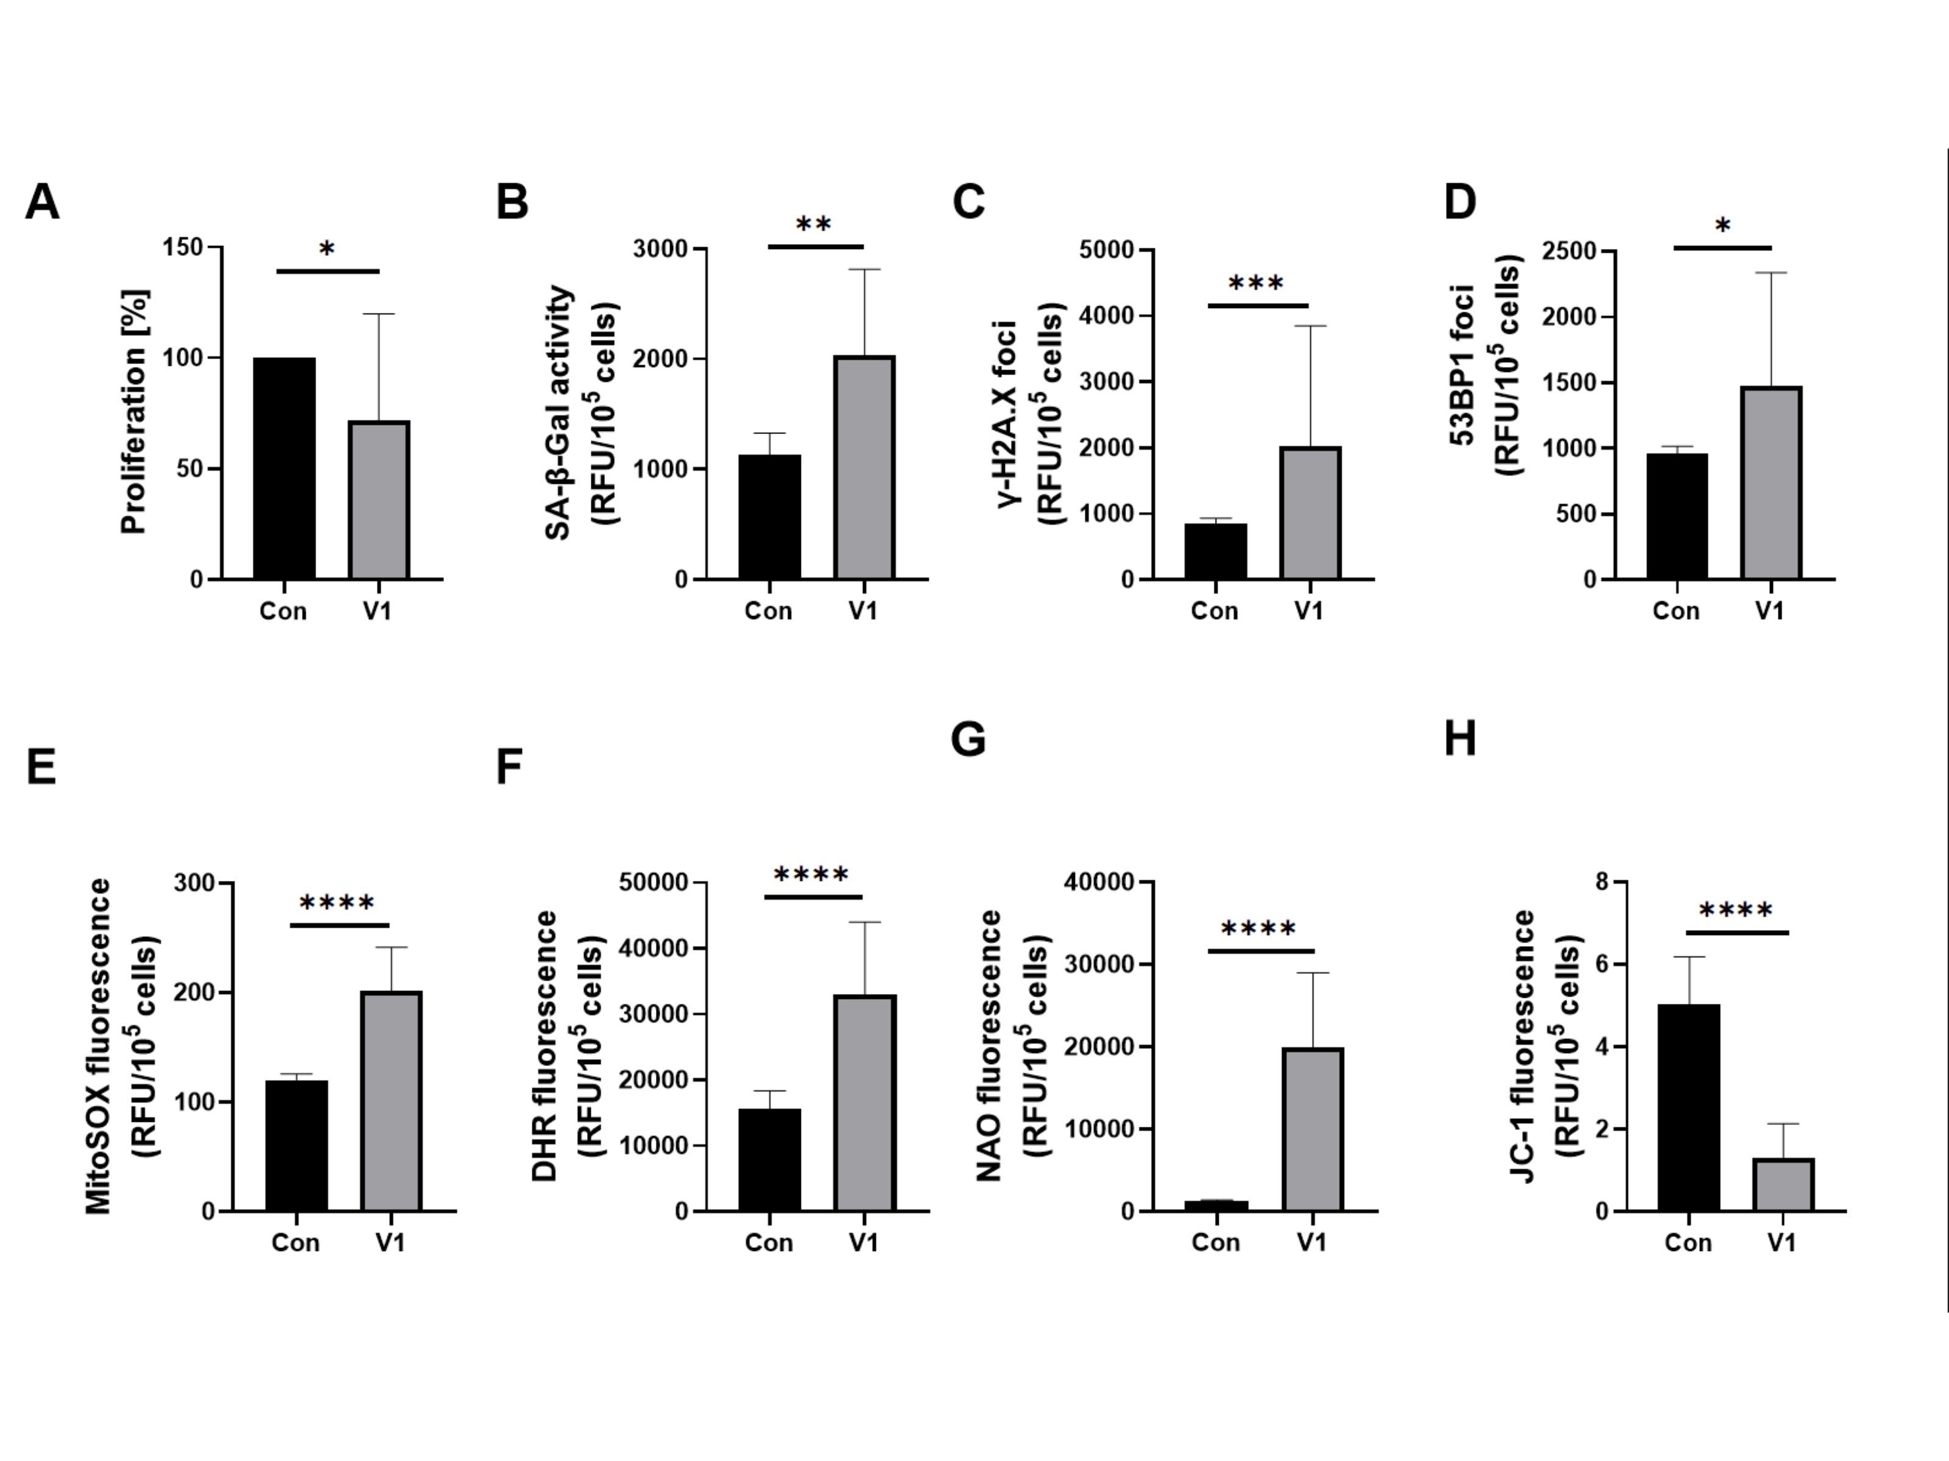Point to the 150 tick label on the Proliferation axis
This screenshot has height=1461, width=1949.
click(x=182, y=248)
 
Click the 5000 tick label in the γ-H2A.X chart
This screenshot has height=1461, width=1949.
click(x=1106, y=250)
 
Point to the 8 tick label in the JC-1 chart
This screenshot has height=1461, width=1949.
click(x=1601, y=881)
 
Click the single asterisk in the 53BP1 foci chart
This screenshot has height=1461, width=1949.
click(x=1722, y=227)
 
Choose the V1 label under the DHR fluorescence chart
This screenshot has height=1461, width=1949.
click(x=864, y=1242)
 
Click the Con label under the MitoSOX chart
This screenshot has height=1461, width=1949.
click(x=295, y=1242)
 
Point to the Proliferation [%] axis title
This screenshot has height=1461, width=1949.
click(x=134, y=412)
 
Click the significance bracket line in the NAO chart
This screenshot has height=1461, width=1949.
click(x=1261, y=951)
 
